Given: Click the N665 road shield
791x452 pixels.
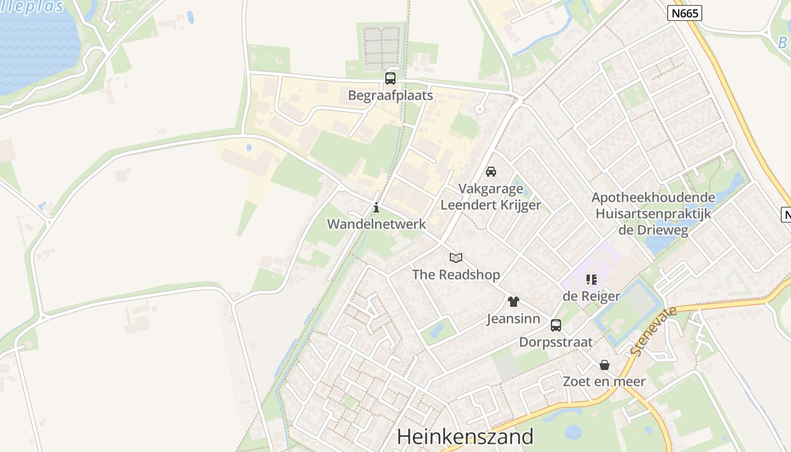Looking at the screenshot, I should click(684, 13).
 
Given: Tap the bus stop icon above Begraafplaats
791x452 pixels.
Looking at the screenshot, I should click(390, 79).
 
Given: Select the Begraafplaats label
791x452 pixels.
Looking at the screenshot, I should click(390, 95).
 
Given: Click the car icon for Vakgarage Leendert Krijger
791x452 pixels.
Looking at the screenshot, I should click(491, 172).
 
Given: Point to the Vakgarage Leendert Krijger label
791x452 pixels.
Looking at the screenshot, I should click(490, 197).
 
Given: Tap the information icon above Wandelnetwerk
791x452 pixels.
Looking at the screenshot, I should click(376, 208).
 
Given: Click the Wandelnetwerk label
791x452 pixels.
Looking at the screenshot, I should click(376, 224).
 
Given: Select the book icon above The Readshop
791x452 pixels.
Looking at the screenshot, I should click(456, 258).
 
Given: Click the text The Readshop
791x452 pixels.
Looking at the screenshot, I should click(456, 275).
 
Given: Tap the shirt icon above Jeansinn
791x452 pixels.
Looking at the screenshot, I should click(513, 302).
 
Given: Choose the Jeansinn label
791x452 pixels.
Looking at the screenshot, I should click(513, 319).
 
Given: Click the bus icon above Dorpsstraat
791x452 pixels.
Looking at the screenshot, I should click(556, 325).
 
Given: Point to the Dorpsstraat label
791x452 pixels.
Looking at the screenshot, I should click(556, 342).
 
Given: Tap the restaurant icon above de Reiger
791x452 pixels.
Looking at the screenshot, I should click(592, 279).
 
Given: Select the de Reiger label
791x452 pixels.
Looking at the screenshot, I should click(592, 296).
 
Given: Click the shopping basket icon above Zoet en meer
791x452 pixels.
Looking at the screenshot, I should click(605, 365).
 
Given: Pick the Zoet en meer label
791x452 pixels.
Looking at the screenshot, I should click(604, 381).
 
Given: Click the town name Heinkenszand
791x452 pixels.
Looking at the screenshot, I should click(465, 436).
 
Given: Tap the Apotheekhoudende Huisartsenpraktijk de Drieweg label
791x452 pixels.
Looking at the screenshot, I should click(653, 214).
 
